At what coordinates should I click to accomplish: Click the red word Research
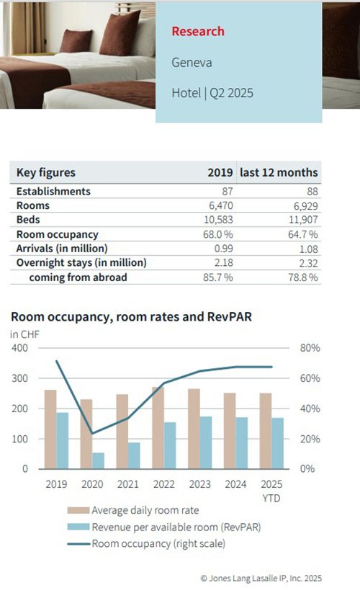198,31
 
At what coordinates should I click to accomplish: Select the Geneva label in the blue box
192,63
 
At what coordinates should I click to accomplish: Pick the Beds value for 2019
218,220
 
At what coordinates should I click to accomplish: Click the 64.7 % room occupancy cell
303,234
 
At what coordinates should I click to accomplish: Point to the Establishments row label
53,192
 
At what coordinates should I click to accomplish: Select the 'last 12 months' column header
279,172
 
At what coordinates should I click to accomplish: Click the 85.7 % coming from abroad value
218,277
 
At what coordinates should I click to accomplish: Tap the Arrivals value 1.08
309,249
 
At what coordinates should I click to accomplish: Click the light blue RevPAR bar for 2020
98,460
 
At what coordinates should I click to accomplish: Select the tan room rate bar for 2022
158,428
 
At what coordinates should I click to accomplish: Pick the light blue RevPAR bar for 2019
63,440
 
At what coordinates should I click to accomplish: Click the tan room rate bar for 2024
230,431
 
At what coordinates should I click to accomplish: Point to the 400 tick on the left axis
19,348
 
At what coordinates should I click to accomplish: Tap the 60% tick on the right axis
310,378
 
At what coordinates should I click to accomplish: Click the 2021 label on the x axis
128,484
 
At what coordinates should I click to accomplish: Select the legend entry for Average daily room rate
133,510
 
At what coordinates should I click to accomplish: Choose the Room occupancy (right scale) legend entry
146,544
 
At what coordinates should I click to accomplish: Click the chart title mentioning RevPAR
132,316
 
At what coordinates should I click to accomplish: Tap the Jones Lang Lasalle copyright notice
261,579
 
